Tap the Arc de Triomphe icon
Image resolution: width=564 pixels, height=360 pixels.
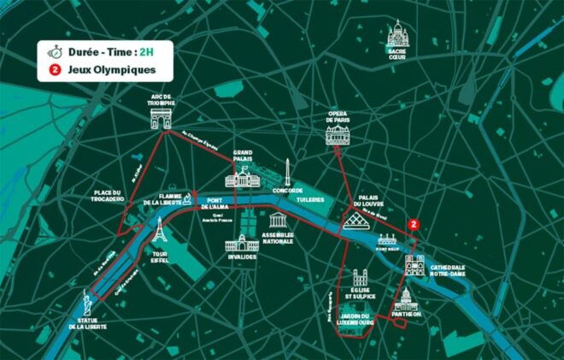162,118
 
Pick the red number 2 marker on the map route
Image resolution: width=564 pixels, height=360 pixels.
414,224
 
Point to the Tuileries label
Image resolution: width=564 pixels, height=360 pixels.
311,199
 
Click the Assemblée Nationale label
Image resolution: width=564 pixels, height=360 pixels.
278,238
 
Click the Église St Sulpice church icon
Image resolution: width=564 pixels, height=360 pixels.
360,280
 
